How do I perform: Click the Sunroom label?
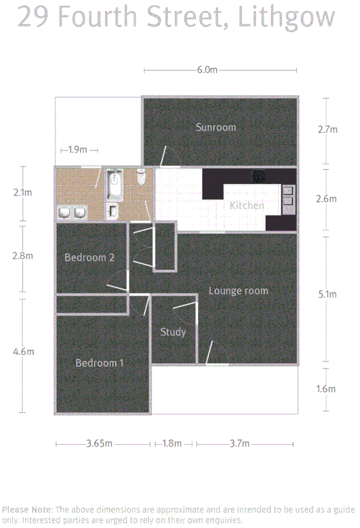[215, 127]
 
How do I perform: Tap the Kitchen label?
[247, 205]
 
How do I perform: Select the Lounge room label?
[238, 290]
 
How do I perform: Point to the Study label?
[173, 332]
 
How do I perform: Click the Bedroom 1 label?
[99, 363]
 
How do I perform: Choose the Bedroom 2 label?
[90, 258]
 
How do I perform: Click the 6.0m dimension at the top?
[206, 70]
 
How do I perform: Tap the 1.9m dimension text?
[77, 150]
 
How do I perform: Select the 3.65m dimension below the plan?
[99, 443]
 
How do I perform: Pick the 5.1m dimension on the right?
[327, 294]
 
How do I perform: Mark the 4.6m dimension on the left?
[23, 352]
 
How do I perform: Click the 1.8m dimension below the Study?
[172, 443]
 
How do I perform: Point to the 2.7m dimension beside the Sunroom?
[327, 129]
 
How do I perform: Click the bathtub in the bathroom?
[115, 183]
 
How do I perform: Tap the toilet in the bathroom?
[141, 177]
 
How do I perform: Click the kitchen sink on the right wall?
[288, 196]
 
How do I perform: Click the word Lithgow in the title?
[286, 17]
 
